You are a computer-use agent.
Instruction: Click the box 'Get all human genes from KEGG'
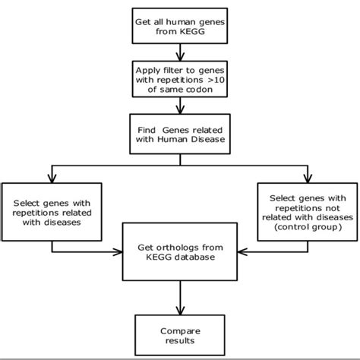tap(179, 24)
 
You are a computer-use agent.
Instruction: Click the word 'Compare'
tap(179, 330)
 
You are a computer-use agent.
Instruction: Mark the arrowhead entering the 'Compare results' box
tap(179, 311)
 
